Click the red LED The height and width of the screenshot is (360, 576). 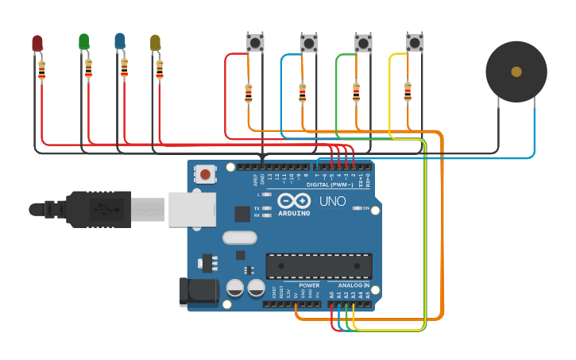(37, 43)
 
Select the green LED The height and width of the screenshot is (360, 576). (84, 41)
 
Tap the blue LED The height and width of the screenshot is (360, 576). (120, 41)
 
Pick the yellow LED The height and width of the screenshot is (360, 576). (156, 43)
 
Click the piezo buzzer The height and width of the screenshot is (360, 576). (516, 72)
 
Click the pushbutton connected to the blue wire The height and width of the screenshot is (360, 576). (309, 42)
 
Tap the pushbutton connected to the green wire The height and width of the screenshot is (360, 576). (363, 42)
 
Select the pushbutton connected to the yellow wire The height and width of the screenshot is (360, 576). (415, 42)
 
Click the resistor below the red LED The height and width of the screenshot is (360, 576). (42, 71)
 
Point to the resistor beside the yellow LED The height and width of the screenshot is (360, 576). (160, 70)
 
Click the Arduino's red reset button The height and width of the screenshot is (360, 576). (206, 173)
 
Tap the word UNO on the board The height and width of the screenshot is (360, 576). (332, 201)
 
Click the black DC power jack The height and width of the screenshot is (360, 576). (199, 291)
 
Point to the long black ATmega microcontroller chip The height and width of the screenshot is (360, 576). (319, 265)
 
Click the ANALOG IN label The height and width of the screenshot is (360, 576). (353, 285)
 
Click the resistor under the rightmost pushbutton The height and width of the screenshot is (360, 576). (408, 92)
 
